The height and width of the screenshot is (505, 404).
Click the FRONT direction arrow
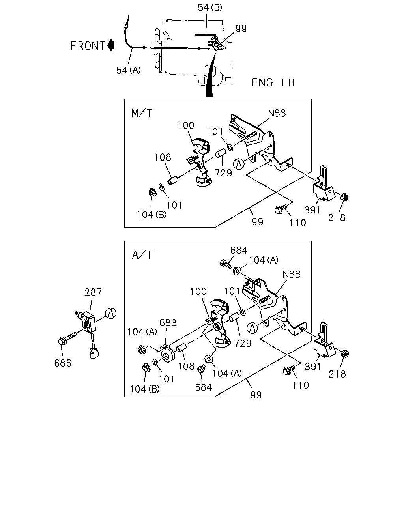click(x=111, y=45)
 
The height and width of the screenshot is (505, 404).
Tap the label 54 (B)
click(x=210, y=8)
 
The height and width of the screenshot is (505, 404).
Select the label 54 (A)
click(x=128, y=70)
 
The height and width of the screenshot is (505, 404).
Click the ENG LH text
click(x=273, y=83)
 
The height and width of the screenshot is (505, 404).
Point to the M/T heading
click(x=142, y=113)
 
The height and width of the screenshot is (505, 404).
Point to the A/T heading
click(x=142, y=255)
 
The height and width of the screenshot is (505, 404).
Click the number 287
click(x=93, y=292)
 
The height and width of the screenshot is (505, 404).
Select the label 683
click(x=168, y=323)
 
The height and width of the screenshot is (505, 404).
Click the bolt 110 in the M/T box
click(x=281, y=209)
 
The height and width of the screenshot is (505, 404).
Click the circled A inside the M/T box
click(x=239, y=164)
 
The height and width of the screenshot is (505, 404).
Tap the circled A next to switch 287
click(x=111, y=313)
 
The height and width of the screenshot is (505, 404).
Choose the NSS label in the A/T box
click(x=292, y=274)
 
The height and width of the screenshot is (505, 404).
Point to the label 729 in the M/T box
click(x=223, y=173)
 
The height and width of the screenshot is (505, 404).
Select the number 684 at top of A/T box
click(x=239, y=251)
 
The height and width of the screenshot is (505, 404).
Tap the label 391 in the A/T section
click(x=313, y=366)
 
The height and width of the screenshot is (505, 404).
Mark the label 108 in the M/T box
click(x=163, y=157)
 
